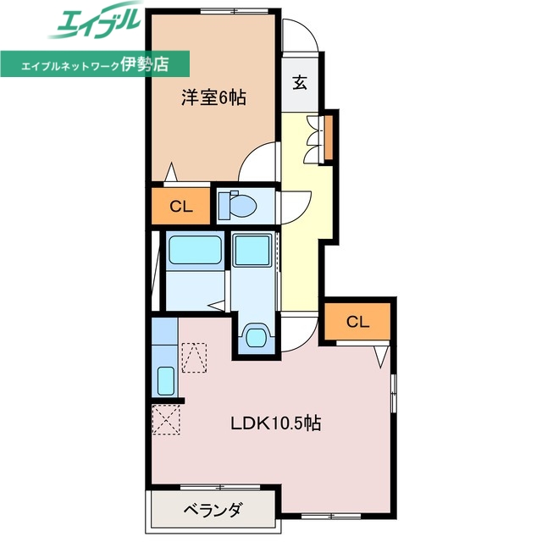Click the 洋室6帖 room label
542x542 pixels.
[213, 98]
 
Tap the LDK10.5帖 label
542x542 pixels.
[275, 423]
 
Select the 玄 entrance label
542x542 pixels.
[300, 82]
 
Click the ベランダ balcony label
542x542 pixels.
[213, 510]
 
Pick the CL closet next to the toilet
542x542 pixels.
[180, 206]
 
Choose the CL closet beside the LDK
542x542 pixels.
[357, 322]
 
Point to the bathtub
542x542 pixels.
[194, 251]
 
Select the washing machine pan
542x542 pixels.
[252, 251]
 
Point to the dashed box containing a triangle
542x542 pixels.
[193, 357]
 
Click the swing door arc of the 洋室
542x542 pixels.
[259, 161]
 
